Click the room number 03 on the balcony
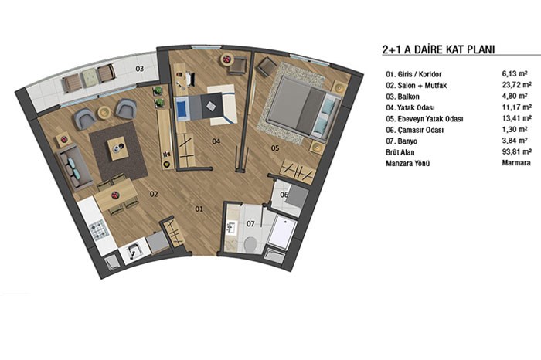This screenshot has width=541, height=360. point(139,69)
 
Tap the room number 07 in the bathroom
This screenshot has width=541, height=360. point(250,224)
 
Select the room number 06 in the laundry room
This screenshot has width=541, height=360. point(284,195)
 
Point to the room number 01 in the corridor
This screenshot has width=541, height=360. point(199,209)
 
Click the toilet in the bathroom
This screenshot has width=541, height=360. point(250,243)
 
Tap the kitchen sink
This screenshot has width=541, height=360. point(134,251)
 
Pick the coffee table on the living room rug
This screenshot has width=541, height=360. point(118,148)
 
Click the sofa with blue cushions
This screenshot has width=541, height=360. point(74,167)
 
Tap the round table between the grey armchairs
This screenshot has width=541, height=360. point(104,112)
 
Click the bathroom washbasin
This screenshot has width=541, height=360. point(231,228)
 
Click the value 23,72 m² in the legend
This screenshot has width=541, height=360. point(516,85)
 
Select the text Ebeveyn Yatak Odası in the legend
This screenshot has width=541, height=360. point(430,119)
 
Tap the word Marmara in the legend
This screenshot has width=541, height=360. point(516,163)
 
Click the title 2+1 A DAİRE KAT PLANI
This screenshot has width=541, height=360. point(438,49)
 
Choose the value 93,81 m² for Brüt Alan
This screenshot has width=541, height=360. point(516,151)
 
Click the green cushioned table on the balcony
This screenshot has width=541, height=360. point(90,77)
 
